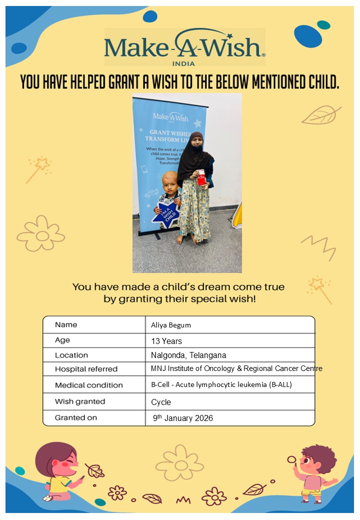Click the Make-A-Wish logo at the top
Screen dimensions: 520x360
(x=184, y=47)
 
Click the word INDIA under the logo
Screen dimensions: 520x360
(x=183, y=63)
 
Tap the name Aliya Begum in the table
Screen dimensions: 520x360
(x=171, y=325)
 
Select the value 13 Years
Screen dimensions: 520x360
(x=166, y=341)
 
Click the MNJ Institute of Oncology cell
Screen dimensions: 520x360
(x=236, y=369)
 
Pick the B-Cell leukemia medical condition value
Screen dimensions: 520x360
(x=221, y=385)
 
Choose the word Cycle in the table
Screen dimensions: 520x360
(x=161, y=402)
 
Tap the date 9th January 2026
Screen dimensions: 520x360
(x=183, y=418)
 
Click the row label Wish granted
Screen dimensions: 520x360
(x=80, y=401)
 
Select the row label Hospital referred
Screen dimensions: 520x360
(x=86, y=369)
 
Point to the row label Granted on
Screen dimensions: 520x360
(x=76, y=417)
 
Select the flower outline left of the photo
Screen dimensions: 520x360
(x=41, y=234)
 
